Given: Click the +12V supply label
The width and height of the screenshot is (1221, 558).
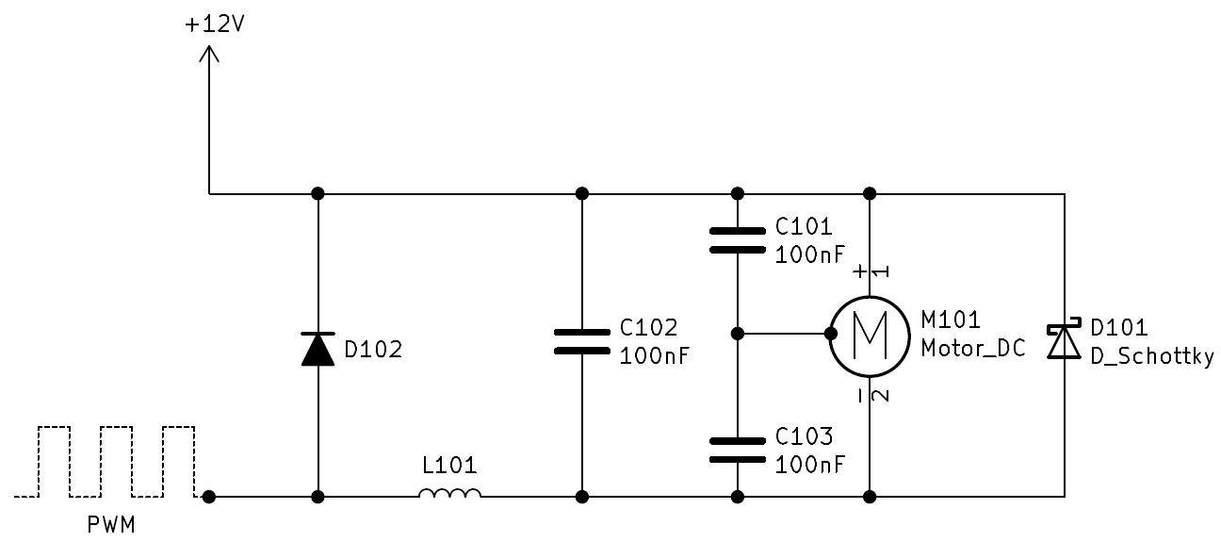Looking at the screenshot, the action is [x=215, y=25].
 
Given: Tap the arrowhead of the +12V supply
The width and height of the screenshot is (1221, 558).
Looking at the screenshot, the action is [x=209, y=54].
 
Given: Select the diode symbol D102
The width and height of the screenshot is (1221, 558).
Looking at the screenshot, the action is [x=317, y=349].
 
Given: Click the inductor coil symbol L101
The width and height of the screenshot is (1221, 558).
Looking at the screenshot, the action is [x=449, y=493].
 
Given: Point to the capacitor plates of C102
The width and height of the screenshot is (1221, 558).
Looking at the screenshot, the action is [x=581, y=341].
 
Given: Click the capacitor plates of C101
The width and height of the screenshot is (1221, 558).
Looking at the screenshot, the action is [x=737, y=240].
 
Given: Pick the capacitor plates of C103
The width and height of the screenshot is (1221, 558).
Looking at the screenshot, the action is [x=737, y=451].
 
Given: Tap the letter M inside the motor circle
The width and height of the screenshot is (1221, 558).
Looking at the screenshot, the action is [x=870, y=336].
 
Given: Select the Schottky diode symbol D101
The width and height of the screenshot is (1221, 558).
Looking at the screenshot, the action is [x=1064, y=339].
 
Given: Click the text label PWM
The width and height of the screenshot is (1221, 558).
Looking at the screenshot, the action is [x=111, y=525].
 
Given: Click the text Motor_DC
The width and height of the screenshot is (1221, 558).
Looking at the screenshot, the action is [x=973, y=349].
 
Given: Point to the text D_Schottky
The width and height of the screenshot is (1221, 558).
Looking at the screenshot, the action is [x=1152, y=356].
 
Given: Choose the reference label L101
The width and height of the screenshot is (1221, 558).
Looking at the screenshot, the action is [x=449, y=466].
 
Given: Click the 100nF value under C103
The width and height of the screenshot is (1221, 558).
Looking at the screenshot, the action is [x=810, y=465].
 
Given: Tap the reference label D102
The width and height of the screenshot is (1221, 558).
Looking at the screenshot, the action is [x=373, y=349].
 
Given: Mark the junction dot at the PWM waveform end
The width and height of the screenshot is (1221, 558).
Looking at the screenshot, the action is [x=209, y=497].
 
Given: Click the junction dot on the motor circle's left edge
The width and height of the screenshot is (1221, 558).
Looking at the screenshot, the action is [x=831, y=334].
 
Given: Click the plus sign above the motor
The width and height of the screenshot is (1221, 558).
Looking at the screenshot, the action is [x=859, y=271].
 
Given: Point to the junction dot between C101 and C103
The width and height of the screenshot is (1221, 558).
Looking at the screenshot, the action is [x=737, y=334].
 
